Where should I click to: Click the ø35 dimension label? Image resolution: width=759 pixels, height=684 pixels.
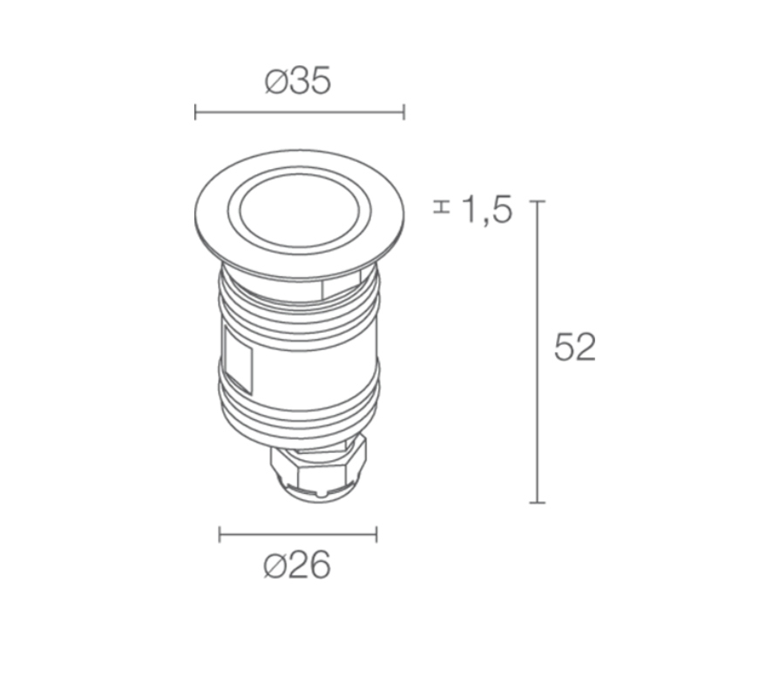(298, 80)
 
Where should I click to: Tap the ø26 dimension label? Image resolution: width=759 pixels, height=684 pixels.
(297, 565)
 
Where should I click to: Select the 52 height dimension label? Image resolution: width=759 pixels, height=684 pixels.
(574, 347)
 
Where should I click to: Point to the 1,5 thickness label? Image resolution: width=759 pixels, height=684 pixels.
(487, 210)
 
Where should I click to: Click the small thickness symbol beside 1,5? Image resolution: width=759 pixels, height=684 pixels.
(442, 207)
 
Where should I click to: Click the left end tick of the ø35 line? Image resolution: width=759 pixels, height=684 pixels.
(195, 112)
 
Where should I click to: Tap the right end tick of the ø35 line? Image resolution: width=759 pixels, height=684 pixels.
(403, 112)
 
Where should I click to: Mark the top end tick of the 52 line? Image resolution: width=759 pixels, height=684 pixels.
(538, 201)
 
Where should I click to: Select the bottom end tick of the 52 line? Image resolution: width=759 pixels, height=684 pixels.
(538, 503)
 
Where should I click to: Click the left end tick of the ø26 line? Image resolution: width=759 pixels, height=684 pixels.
(220, 535)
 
